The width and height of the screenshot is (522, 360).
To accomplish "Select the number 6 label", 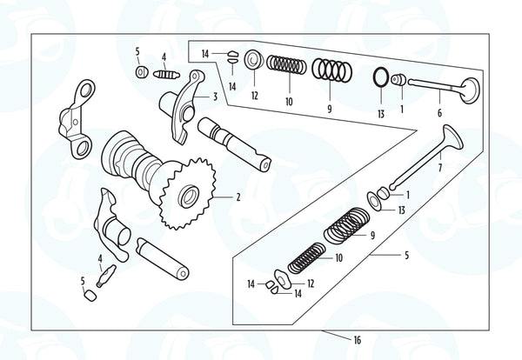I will tap(439, 112).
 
